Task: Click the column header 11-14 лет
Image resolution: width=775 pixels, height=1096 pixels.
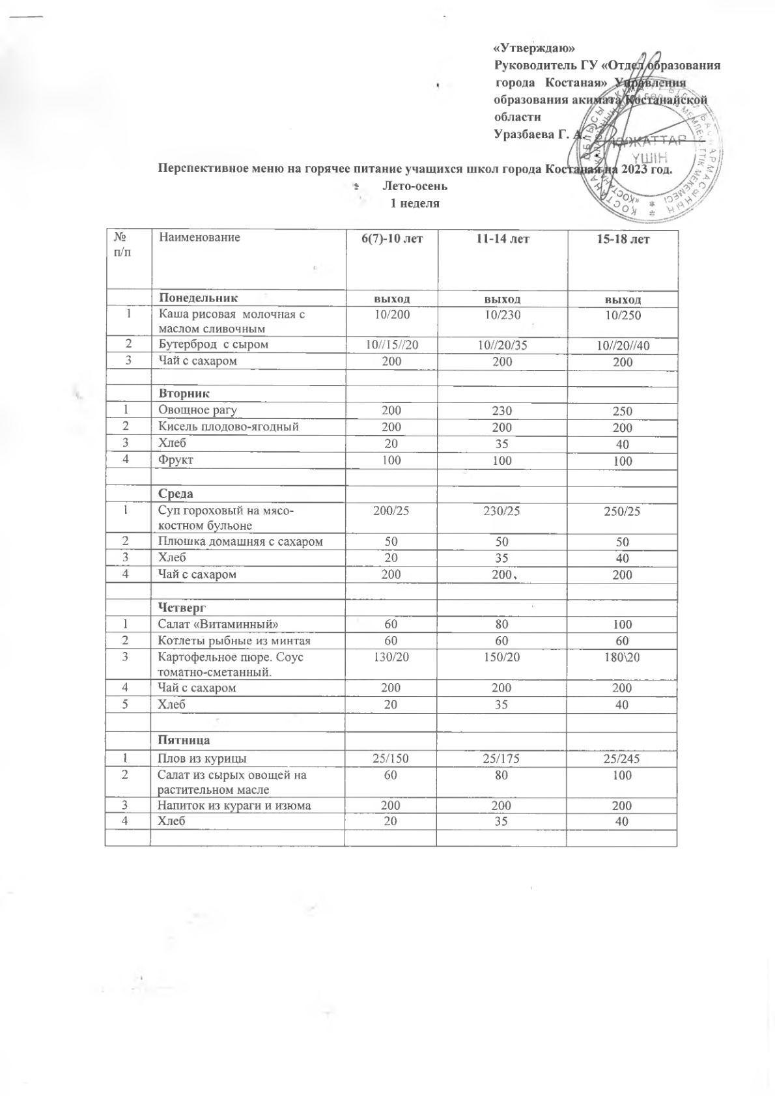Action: (x=501, y=240)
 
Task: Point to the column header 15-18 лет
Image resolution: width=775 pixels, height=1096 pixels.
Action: (x=623, y=240)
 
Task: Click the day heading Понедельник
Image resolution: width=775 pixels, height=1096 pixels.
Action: (x=195, y=298)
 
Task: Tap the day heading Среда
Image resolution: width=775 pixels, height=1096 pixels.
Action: (x=178, y=494)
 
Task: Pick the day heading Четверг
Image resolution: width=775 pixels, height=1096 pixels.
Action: (x=183, y=608)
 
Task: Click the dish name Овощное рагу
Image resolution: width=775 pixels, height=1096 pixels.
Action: (x=199, y=410)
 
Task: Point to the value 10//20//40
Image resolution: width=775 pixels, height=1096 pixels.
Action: (x=623, y=345)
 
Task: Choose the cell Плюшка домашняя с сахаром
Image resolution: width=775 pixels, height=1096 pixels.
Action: (x=241, y=541)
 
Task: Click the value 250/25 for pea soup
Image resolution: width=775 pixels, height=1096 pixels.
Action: (x=623, y=513)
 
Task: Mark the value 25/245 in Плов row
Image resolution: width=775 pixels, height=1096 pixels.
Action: (x=623, y=758)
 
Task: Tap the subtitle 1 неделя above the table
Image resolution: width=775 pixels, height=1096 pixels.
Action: (x=415, y=203)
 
